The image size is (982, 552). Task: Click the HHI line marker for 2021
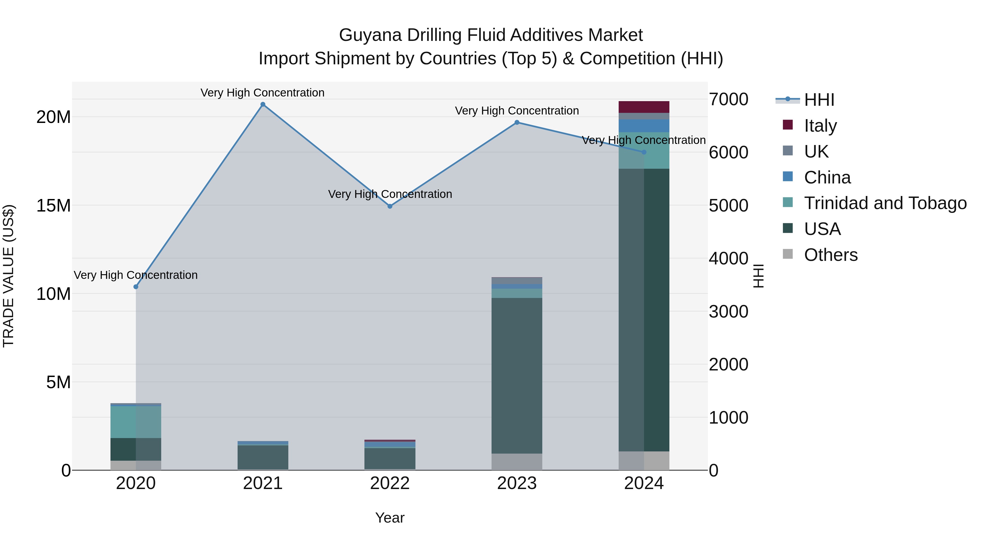click(263, 104)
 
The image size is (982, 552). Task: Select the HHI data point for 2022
click(390, 206)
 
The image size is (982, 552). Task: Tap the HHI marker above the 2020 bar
click(136, 286)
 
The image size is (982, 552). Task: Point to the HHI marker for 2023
click(517, 122)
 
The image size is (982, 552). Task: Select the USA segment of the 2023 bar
click(517, 375)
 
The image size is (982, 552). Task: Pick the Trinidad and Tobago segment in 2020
click(136, 422)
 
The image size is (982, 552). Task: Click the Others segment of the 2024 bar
click(644, 461)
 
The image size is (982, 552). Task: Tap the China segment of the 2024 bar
click(644, 126)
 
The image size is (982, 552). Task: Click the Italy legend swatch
click(788, 125)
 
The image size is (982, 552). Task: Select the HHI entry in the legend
click(819, 100)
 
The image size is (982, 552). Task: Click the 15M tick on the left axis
click(53, 206)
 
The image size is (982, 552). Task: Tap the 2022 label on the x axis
click(390, 483)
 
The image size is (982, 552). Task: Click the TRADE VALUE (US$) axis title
click(8, 276)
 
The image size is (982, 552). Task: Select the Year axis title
click(390, 518)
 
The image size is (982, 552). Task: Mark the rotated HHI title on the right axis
click(759, 276)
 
